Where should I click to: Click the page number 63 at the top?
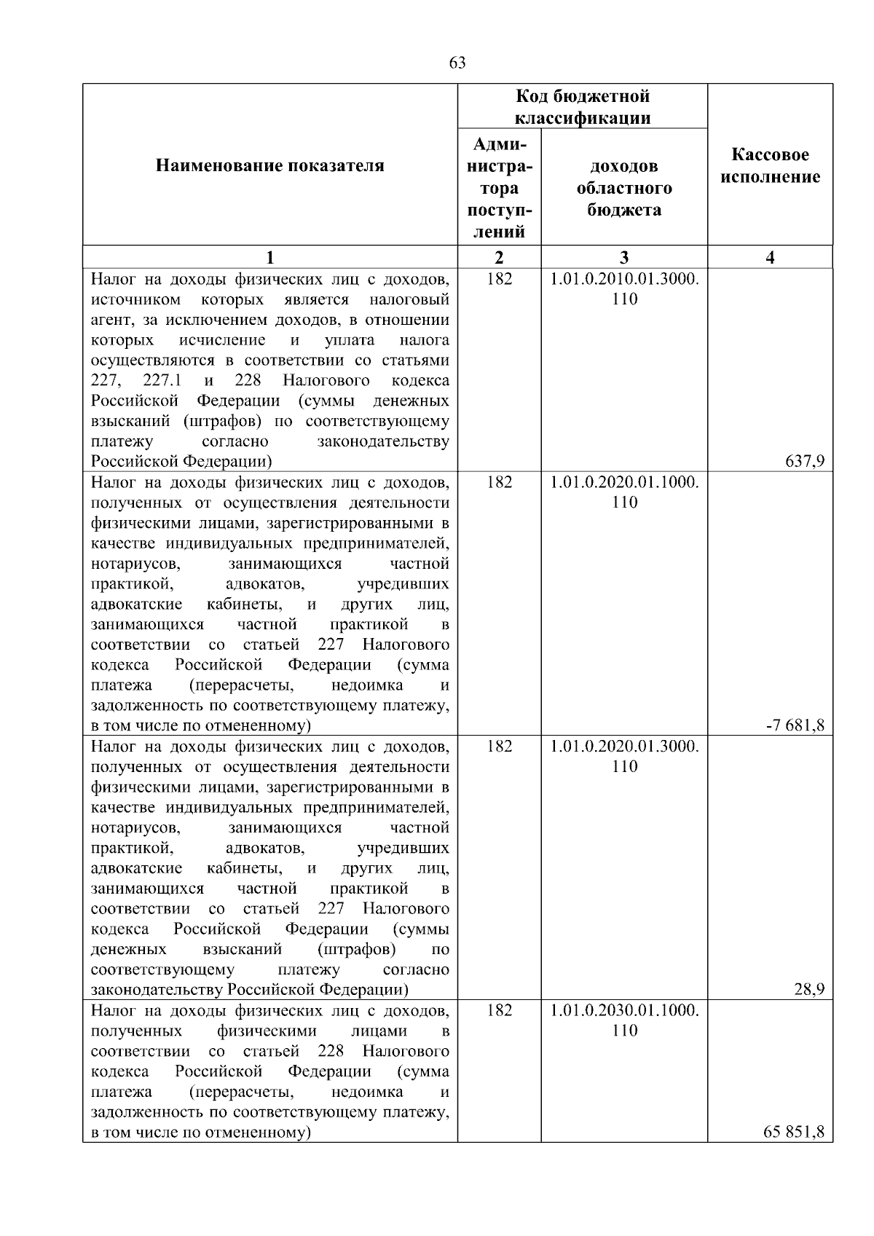[457, 63]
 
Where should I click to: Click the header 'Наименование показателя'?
[270, 166]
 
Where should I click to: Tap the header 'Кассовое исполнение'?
[770, 166]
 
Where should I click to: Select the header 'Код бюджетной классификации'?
[583, 107]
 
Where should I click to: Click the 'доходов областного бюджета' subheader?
[624, 188]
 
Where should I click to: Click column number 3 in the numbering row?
[624, 257]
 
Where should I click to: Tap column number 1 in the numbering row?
[270, 257]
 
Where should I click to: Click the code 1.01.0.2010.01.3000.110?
[624, 289]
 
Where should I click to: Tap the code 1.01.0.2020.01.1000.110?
[624, 492]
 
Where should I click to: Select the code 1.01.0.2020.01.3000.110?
[624, 756]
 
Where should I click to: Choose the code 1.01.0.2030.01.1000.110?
[624, 1020]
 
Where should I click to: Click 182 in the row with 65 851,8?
[499, 1010]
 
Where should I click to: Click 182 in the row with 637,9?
[499, 279]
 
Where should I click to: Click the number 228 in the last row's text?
[331, 1052]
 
